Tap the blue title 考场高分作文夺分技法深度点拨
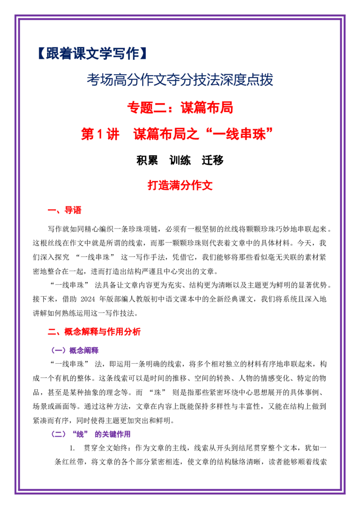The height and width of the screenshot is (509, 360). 180,80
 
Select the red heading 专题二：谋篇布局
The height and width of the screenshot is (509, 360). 180,107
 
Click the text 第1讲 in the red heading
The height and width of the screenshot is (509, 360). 100,134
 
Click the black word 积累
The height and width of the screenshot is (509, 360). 147,161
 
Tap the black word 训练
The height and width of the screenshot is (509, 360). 180,161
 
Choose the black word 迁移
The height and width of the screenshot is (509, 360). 212,161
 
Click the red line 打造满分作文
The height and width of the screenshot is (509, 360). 180,185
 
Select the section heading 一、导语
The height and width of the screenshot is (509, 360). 64,210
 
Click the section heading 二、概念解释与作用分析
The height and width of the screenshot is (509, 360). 94,332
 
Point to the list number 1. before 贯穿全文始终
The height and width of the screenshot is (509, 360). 72,448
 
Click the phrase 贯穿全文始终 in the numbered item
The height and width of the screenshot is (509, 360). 106,448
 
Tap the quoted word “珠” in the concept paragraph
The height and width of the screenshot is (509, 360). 157,393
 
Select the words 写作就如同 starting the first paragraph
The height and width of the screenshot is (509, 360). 66,229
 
